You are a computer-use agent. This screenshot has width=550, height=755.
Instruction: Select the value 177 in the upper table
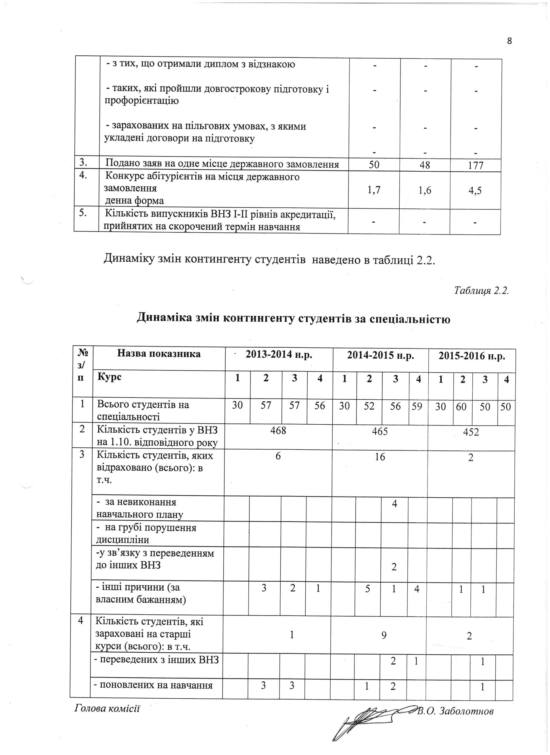pos(476,165)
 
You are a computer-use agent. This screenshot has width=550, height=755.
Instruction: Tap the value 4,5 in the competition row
pos(475,191)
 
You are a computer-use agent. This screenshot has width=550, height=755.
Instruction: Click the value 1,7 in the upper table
pos(374,190)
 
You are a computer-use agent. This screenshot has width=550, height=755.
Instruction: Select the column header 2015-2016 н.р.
pos(472,356)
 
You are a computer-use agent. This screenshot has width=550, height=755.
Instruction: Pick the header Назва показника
pos(159,354)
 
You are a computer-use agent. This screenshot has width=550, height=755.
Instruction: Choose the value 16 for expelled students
pos(380,457)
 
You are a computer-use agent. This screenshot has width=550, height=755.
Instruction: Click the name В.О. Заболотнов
pos(455,711)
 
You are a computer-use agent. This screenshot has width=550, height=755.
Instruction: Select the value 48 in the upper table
pos(425,165)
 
